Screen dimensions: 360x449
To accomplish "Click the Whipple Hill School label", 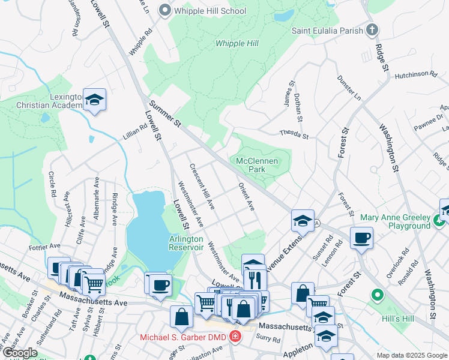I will click(209, 11).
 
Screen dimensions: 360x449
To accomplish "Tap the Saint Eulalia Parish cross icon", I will click(372, 29).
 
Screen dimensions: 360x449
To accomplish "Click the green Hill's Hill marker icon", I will click(377, 295).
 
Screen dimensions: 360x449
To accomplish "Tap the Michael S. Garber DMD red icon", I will click(235, 337).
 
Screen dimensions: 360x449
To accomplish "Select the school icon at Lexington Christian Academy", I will click(94, 100).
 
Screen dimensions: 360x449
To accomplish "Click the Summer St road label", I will click(165, 113).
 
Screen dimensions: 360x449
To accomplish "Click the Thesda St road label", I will click(294, 136).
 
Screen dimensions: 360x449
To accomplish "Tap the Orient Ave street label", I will click(247, 197).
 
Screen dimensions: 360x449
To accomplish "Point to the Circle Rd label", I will click(51, 185).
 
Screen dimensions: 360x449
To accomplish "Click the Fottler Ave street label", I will click(44, 246).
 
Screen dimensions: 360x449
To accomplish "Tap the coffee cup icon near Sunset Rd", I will click(361, 238).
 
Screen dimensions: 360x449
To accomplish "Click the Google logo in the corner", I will click(20, 353).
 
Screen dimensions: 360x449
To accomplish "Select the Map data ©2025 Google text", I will click(411, 355).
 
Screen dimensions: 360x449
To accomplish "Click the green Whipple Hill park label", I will click(238, 43).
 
